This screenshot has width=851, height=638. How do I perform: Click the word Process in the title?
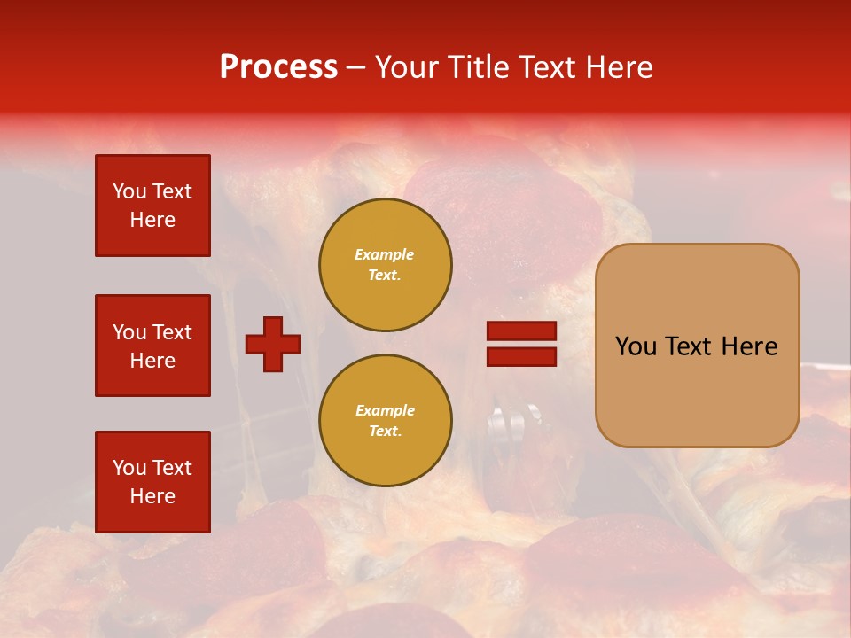[278, 67]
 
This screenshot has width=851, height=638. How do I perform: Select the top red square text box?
[152, 206]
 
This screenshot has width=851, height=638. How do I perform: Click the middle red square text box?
[152, 346]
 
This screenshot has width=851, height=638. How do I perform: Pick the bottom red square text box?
[152, 482]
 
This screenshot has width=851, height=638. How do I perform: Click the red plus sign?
[273, 344]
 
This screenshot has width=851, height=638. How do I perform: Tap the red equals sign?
[521, 344]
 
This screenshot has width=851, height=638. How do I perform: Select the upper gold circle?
[386, 265]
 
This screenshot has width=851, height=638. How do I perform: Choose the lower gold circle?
[386, 421]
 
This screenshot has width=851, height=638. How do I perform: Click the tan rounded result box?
[697, 346]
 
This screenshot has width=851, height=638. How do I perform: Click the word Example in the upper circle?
[385, 254]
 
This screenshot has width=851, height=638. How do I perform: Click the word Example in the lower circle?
[385, 410]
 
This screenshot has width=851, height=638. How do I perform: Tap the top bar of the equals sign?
[521, 331]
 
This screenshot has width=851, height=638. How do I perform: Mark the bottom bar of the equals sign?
[521, 356]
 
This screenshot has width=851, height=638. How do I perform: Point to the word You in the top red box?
[129, 191]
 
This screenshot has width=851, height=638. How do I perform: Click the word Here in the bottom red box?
[152, 496]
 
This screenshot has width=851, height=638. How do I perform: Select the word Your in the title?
[406, 67]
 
